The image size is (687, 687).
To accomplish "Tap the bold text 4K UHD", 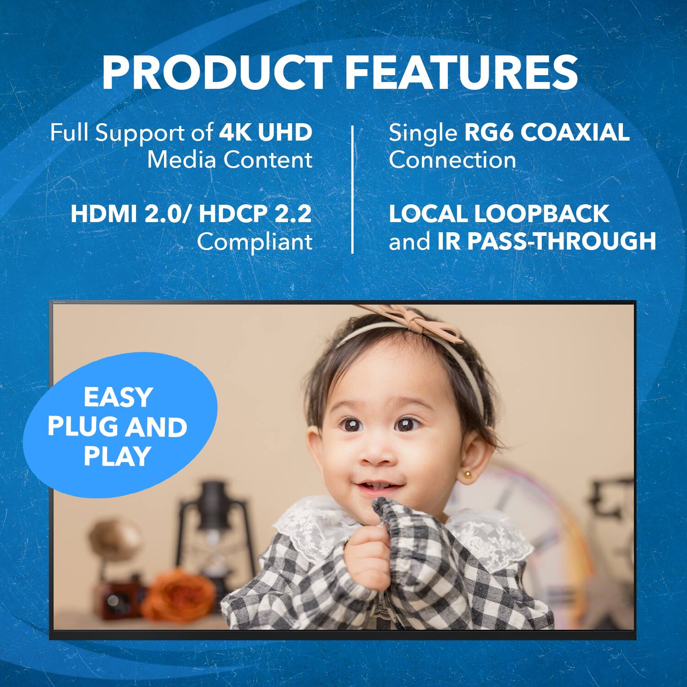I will click(266, 132).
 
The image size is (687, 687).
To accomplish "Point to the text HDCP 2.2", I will click(255, 214).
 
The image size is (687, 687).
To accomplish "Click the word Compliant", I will click(255, 242).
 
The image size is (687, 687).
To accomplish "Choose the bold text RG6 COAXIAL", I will click(547, 132).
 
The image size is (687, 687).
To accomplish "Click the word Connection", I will click(452, 160).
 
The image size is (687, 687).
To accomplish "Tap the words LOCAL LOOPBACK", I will click(499, 214).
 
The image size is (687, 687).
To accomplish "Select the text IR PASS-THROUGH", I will click(547, 241).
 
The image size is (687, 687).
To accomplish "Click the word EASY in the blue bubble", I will click(118, 397).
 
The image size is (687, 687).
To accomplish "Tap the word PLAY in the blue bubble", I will click(118, 456).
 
